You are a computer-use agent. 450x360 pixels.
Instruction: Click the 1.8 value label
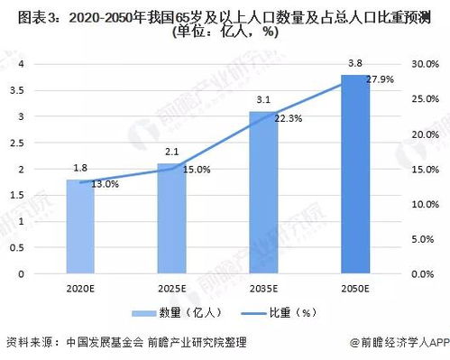coord(80,168)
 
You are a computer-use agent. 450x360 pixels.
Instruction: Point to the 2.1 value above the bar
coord(172,151)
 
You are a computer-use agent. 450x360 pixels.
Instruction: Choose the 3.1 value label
coord(263,99)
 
